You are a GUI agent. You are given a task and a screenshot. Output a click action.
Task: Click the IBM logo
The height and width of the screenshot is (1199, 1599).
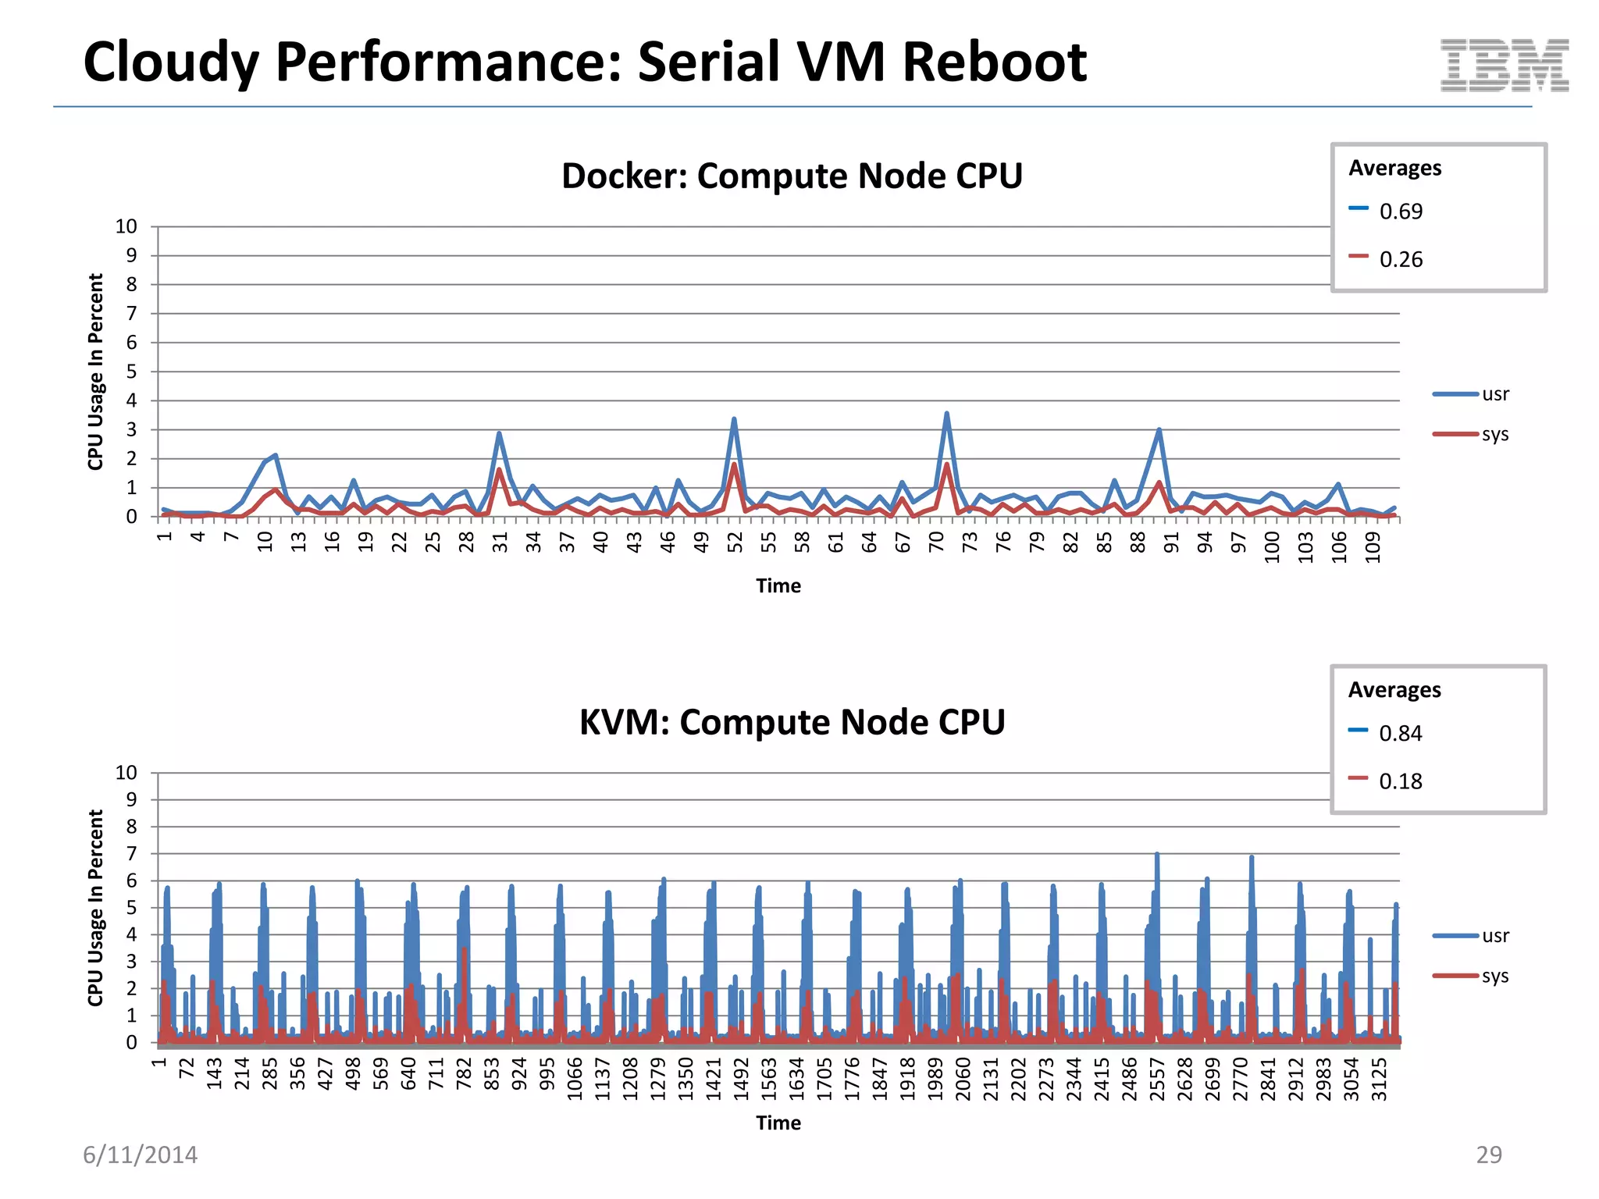tap(1505, 66)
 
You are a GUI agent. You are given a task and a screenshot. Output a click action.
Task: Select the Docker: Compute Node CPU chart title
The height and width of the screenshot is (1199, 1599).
tap(792, 176)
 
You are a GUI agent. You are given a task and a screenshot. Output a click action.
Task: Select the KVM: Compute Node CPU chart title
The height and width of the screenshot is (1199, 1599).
tap(792, 722)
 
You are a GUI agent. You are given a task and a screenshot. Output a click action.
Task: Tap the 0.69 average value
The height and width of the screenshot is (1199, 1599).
tap(1401, 212)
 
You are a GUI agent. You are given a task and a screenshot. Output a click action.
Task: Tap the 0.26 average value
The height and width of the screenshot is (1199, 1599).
tap(1401, 259)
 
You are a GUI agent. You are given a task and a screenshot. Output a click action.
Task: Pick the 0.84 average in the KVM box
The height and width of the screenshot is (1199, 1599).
tap(1401, 734)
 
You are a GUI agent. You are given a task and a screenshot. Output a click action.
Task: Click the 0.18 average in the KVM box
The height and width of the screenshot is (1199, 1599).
tap(1401, 781)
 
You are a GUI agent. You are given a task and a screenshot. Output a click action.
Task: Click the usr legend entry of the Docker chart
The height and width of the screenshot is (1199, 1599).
tap(1495, 394)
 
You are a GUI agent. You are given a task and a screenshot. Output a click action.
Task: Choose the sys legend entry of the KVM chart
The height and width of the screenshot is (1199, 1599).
tap(1495, 977)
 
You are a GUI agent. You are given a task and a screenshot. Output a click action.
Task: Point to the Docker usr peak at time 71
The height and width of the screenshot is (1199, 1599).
tap(946, 414)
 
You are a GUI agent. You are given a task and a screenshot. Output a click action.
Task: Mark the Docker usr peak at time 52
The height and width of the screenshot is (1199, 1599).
tap(734, 419)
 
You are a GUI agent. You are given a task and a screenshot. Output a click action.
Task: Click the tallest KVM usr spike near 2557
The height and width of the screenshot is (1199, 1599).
tap(1157, 855)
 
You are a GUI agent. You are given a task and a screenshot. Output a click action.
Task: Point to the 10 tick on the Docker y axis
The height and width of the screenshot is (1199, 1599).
tap(126, 227)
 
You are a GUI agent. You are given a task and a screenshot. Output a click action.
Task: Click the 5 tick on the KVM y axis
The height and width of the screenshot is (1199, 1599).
tap(131, 907)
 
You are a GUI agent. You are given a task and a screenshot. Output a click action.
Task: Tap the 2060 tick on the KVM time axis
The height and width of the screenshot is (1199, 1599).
tap(963, 1079)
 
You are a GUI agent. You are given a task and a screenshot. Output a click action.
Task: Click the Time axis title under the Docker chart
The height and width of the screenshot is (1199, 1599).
tap(778, 586)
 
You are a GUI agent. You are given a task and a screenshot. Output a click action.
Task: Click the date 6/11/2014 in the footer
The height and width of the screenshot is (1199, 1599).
tap(141, 1155)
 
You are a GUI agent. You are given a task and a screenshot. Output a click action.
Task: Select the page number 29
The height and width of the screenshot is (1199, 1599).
tap(1488, 1155)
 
